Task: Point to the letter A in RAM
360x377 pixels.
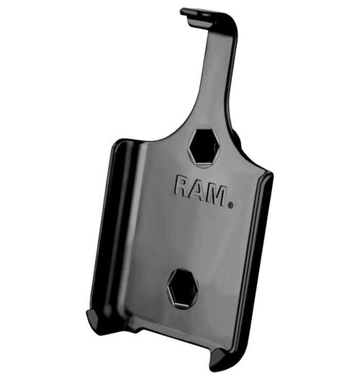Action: click(x=197, y=191)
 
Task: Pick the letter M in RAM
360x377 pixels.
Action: click(x=215, y=194)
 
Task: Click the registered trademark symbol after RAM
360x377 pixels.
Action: click(x=230, y=205)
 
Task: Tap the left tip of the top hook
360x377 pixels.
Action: click(x=184, y=12)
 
